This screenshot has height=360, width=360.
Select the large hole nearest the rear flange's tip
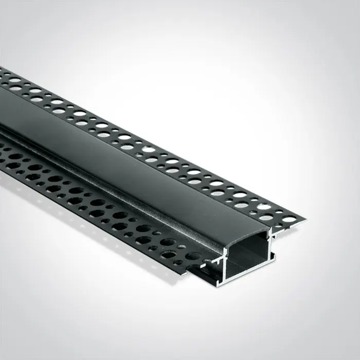click(290, 219)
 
